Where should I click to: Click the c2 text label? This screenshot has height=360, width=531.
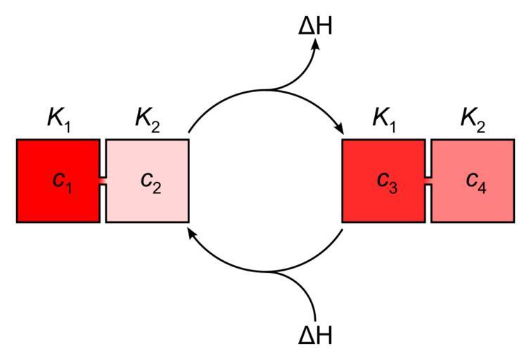[x=151, y=181]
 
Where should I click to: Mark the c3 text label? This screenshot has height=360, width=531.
[x=387, y=181]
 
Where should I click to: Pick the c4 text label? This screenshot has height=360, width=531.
[x=475, y=181]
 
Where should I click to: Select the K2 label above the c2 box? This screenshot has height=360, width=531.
[x=147, y=119]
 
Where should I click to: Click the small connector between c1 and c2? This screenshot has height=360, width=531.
[x=103, y=181]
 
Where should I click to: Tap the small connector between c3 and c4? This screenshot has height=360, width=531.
[x=428, y=181]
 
